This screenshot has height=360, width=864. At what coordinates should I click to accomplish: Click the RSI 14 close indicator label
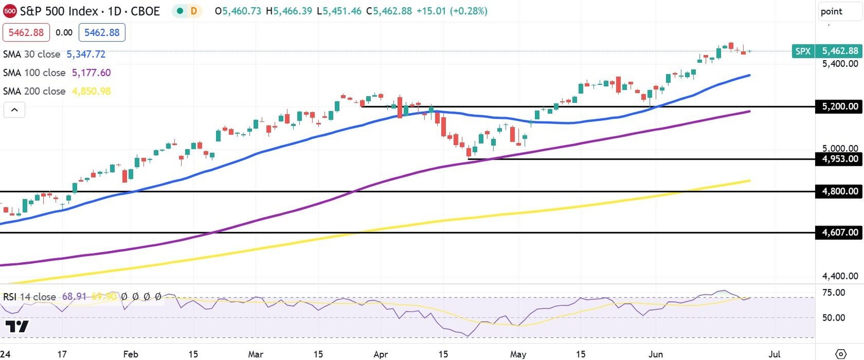30,296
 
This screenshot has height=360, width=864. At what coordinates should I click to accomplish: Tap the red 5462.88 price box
26,33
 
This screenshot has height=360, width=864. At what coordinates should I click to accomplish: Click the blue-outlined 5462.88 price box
102,33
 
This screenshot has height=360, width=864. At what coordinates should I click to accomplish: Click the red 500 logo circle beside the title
10,11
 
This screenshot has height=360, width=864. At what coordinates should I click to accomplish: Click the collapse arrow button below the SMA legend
14,110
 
